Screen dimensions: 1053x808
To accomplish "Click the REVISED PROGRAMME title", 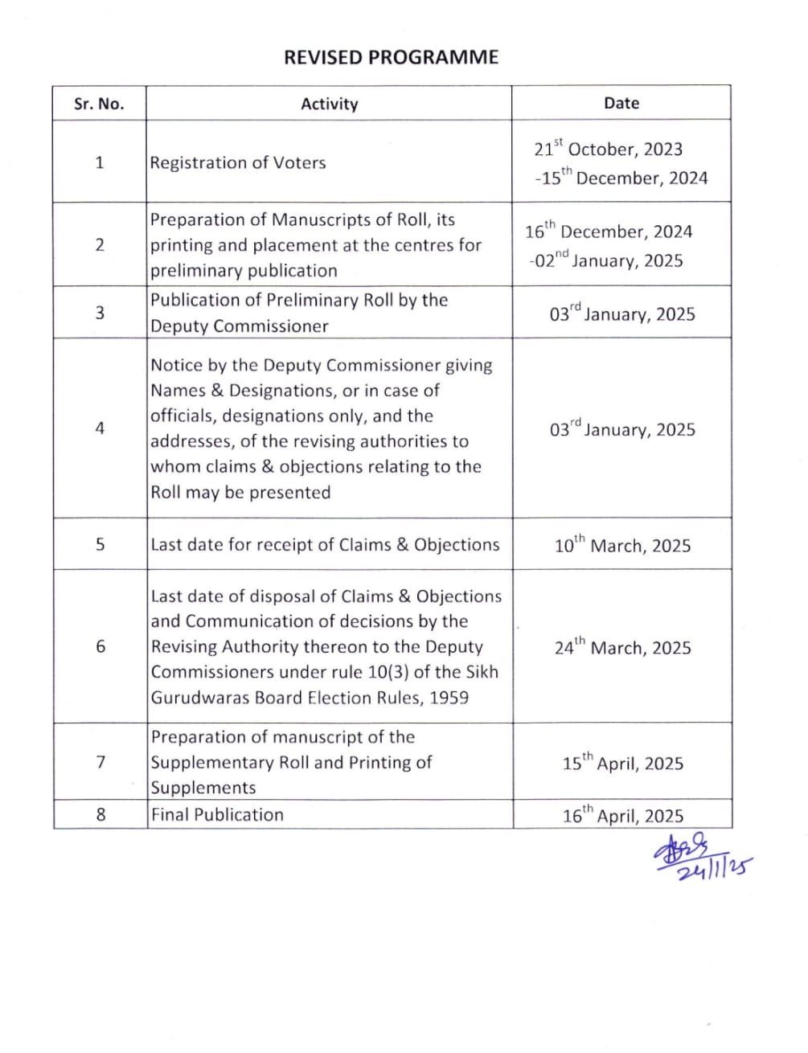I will (391, 57).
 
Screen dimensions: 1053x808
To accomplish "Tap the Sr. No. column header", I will (99, 104).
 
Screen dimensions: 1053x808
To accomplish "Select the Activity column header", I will (329, 104).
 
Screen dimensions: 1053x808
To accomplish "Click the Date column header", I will (621, 103).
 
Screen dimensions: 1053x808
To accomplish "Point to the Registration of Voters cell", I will (238, 162).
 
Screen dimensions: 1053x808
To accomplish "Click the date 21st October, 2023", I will (608, 149).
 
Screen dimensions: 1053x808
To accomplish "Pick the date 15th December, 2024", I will (621, 178).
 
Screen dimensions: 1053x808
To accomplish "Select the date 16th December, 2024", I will (609, 231).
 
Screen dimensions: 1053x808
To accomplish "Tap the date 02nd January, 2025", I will (606, 260).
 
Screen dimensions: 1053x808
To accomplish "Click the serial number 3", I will (100, 313).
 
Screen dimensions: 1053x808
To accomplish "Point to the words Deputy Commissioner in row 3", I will (240, 326).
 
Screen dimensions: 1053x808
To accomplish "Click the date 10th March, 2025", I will (622, 545).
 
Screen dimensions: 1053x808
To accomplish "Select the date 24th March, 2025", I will (622, 647).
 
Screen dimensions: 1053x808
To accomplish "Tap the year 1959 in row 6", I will (449, 698).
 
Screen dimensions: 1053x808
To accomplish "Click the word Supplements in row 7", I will (203, 788).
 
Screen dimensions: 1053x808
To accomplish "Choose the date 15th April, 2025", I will (622, 763).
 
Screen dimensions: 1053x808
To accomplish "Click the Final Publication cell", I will (217, 814).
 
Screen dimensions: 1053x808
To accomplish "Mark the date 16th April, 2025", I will (622, 816).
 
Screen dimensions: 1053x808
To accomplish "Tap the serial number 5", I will (100, 544).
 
